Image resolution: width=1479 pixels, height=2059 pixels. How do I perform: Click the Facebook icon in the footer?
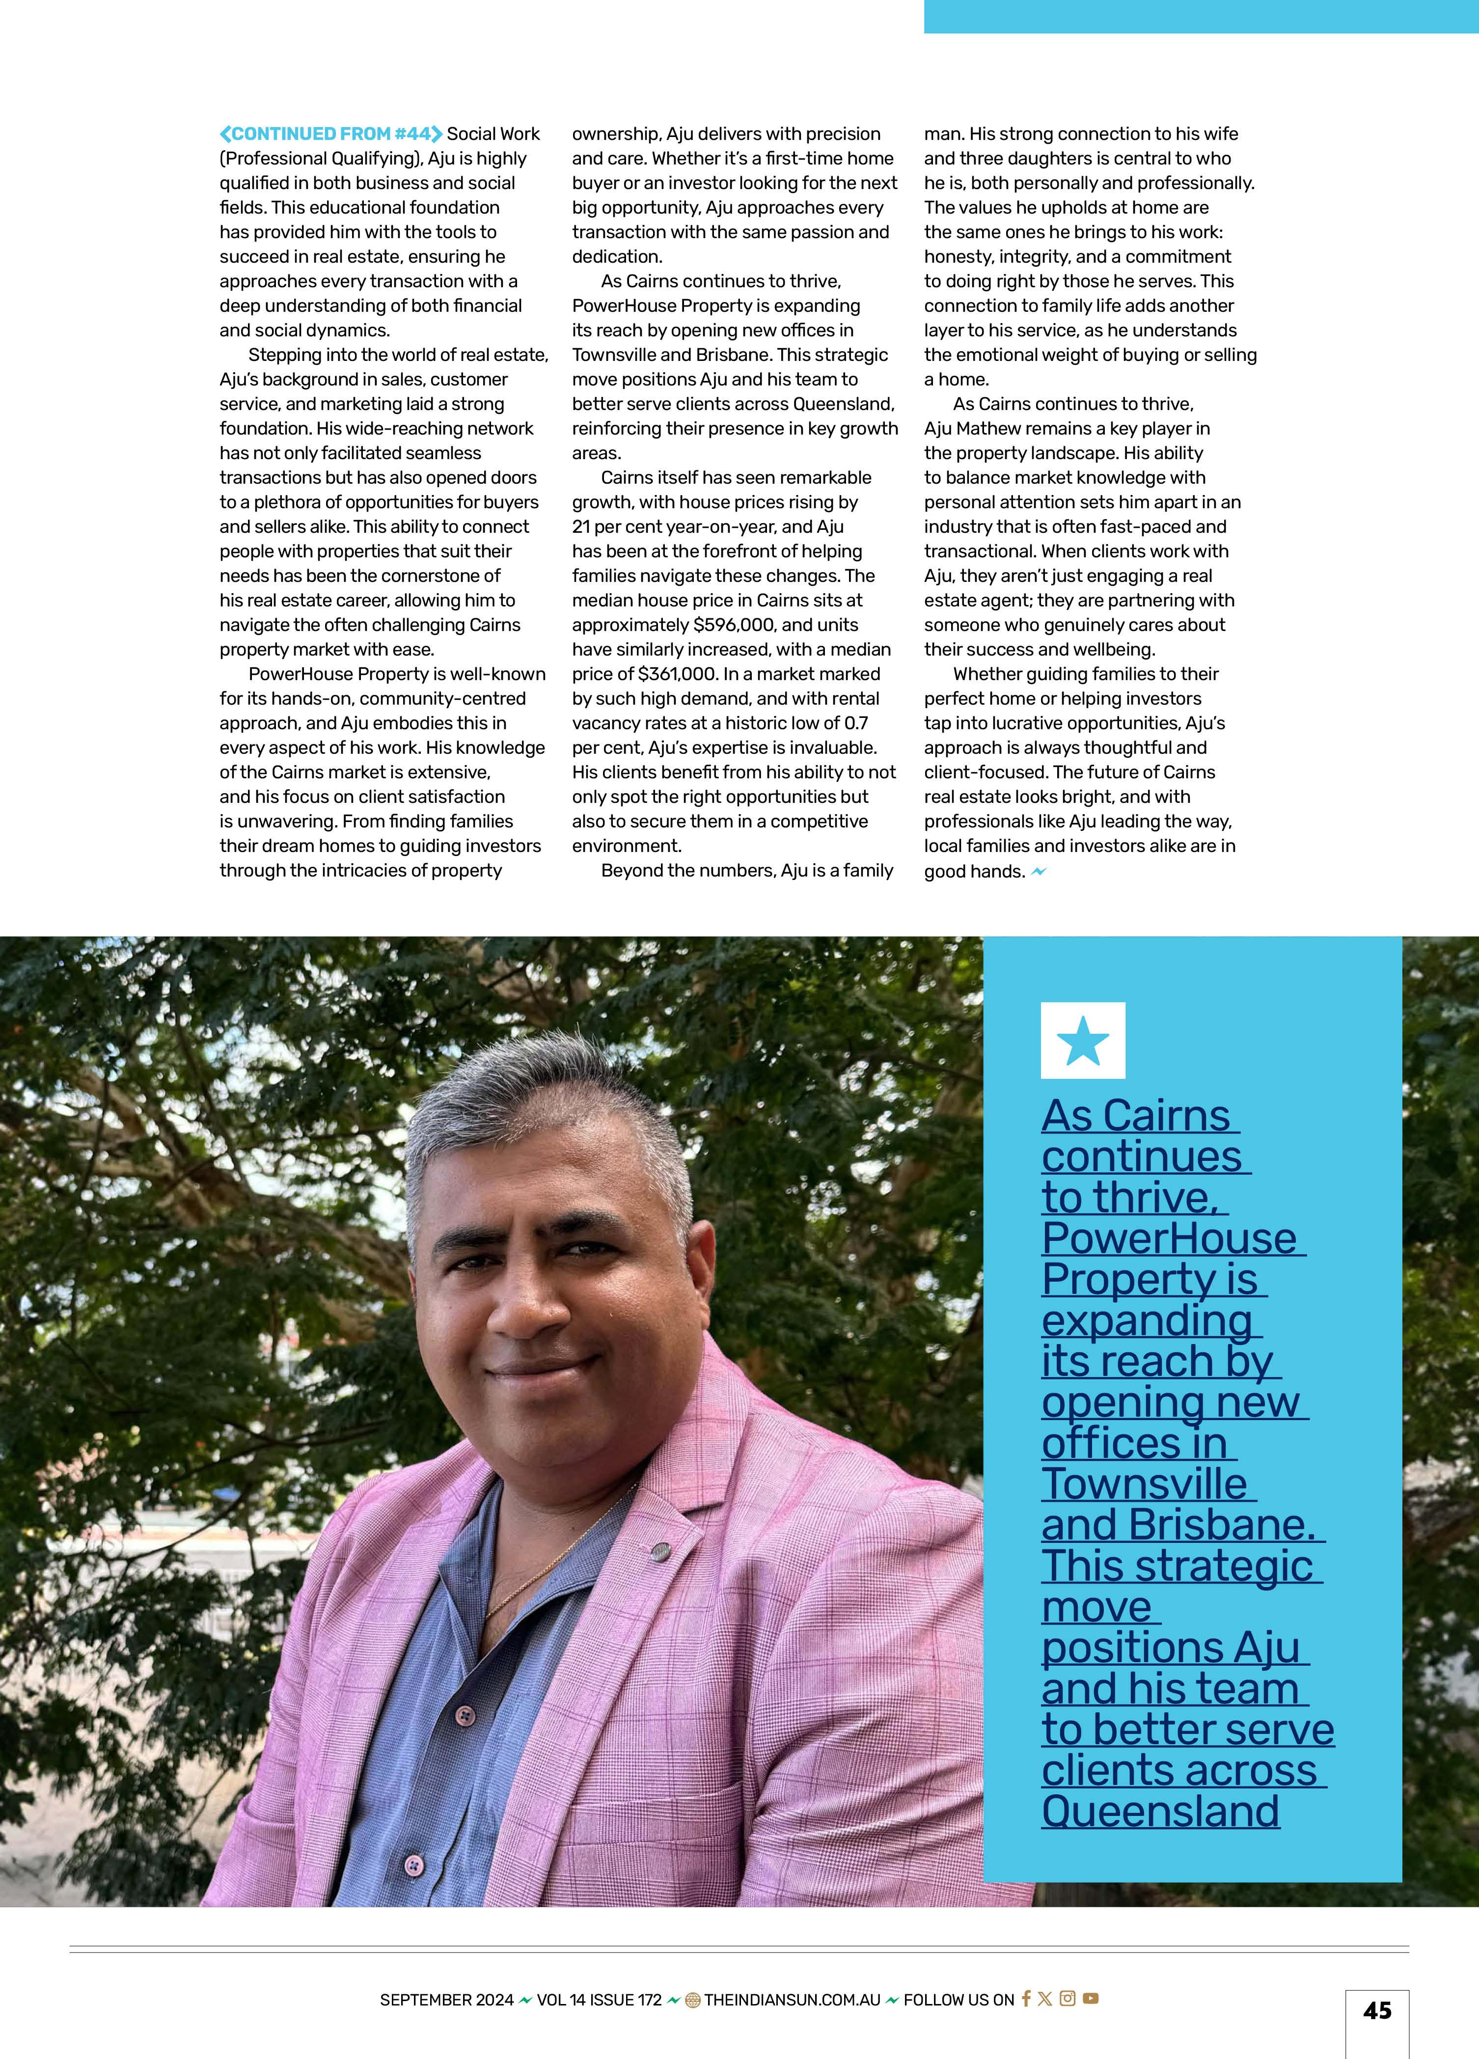(1026, 1998)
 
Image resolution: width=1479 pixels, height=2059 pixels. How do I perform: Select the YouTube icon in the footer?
(1091, 1998)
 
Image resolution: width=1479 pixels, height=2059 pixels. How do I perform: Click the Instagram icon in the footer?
(1068, 1998)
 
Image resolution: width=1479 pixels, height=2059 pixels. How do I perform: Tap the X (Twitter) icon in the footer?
(1045, 1998)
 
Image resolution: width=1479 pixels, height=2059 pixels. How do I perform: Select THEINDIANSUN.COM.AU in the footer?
(792, 1999)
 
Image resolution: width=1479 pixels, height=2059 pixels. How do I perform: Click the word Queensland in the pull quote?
(1160, 1811)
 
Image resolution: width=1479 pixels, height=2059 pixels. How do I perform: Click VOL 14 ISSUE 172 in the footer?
(599, 1999)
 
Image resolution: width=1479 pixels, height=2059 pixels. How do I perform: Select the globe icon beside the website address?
(693, 1999)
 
